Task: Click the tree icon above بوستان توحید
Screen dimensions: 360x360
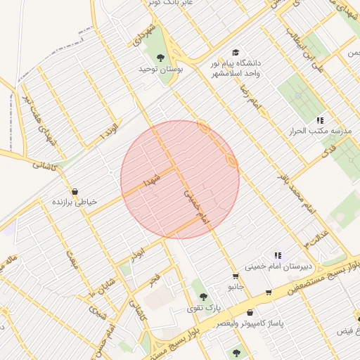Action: (x=161, y=58)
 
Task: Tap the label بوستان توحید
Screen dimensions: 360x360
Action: (x=160, y=69)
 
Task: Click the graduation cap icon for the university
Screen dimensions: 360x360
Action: (x=236, y=53)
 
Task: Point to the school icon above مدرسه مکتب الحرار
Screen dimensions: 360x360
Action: (x=320, y=120)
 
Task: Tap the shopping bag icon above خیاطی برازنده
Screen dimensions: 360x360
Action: (x=75, y=191)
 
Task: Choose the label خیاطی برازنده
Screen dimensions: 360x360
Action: (x=74, y=202)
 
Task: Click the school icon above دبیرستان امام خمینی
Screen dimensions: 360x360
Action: (x=278, y=255)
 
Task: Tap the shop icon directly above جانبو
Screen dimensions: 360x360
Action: (x=236, y=276)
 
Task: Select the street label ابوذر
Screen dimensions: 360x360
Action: (x=137, y=250)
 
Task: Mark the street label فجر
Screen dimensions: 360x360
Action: (x=154, y=280)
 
